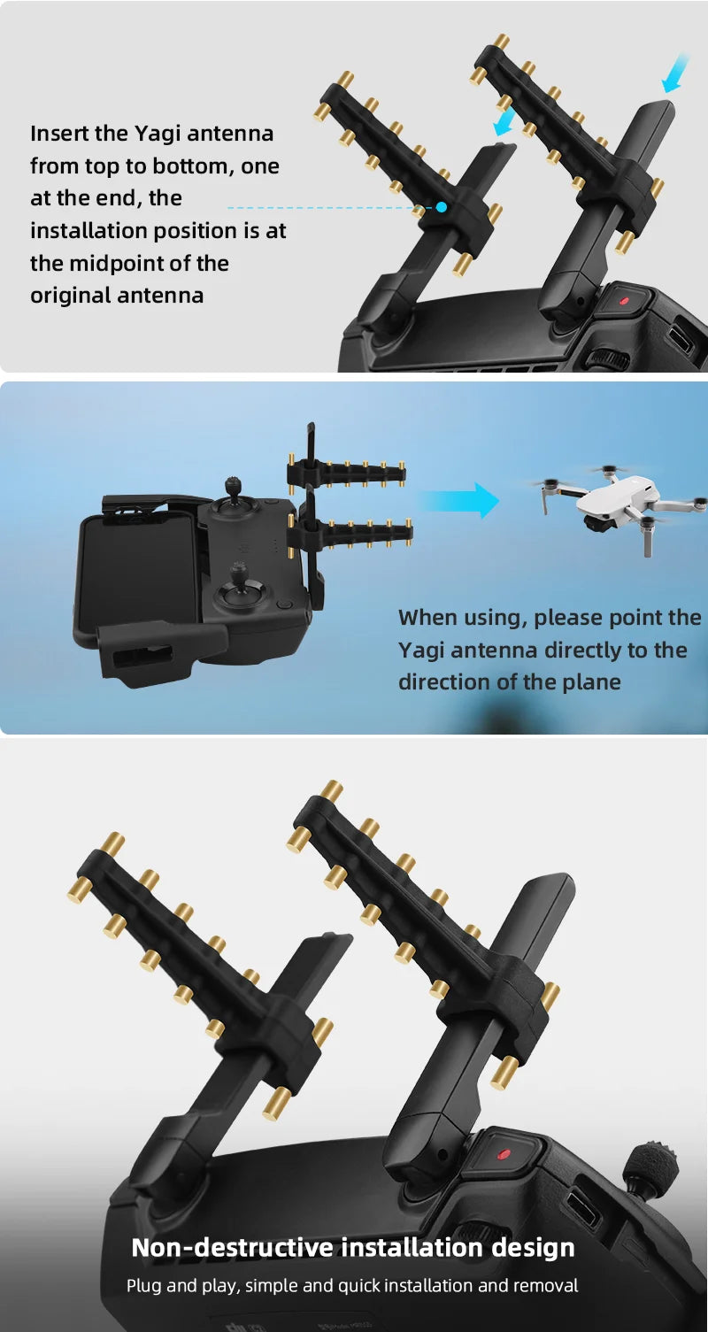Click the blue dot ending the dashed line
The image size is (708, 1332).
[x=441, y=206]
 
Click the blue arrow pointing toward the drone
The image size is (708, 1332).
[x=460, y=500]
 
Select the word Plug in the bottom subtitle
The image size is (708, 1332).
[x=142, y=1285]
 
